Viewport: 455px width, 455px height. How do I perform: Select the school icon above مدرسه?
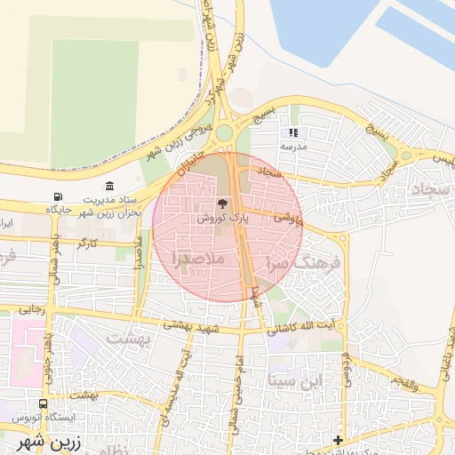293,132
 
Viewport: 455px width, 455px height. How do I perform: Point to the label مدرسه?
293,145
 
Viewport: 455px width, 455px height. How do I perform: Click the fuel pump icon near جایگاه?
59,196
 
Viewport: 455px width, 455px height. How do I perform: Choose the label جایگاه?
59,210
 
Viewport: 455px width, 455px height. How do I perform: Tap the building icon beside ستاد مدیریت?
109,186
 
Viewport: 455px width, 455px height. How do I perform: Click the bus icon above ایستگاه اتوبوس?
44,403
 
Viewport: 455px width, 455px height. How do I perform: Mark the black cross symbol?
338,440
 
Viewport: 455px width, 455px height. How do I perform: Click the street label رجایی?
32,310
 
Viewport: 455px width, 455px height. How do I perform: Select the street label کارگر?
87,242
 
